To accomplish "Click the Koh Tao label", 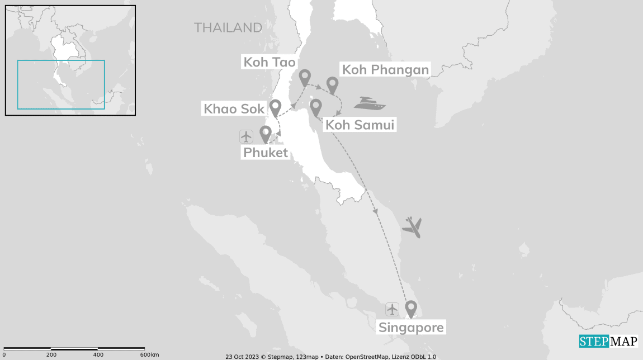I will pos(269,62).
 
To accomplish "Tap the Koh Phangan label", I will pos(385,70).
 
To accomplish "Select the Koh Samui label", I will pos(360,125).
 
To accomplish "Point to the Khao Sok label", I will pos(234,108).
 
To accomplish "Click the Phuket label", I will pos(265,153).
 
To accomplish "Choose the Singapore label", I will pos(411,328).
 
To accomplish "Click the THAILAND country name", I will pos(228,27).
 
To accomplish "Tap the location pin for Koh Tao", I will pos(305,77).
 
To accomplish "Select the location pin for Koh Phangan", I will pos(333,85).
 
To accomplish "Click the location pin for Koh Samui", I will pos(316,107).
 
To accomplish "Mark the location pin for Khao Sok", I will pos(275,107).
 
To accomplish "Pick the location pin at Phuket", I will pos(266,133).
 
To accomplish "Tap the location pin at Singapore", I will pos(411,308).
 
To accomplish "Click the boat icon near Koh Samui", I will pos(370,103).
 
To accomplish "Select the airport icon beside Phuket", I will pos(246,136).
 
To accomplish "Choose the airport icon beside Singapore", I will pos(392,309).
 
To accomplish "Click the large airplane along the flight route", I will pos(412,226).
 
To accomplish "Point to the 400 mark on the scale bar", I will pos(98,354).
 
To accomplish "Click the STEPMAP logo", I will pos(608,341).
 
